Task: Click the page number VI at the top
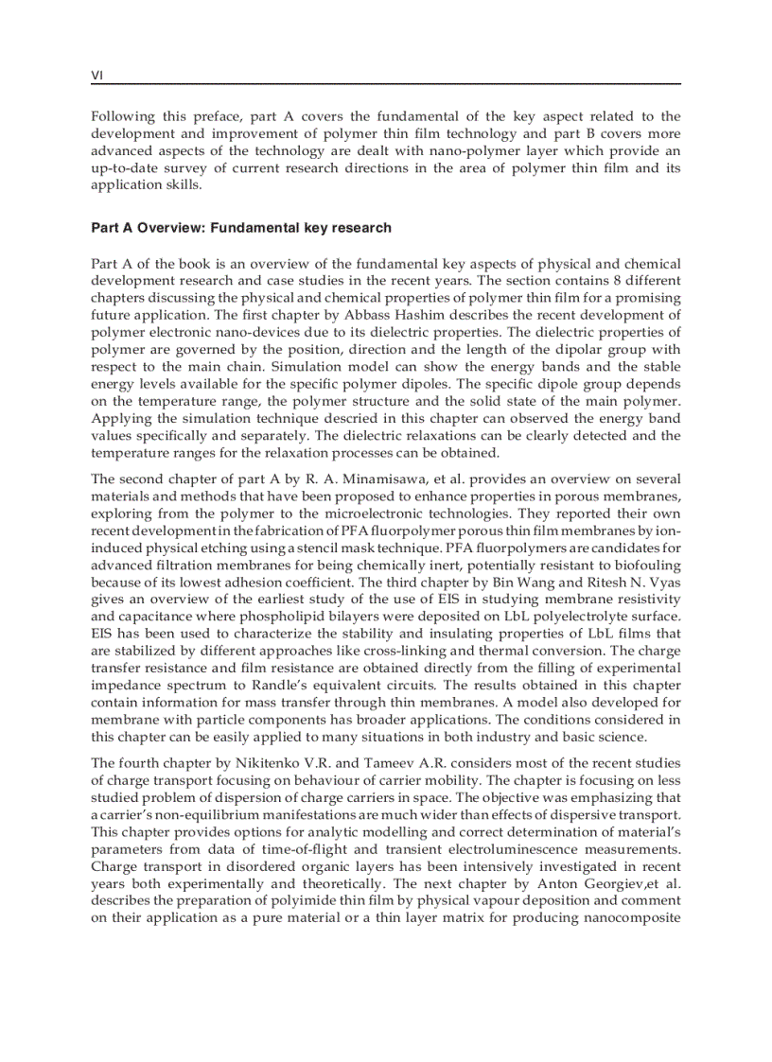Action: click(x=96, y=75)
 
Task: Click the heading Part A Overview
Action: click(x=241, y=228)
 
